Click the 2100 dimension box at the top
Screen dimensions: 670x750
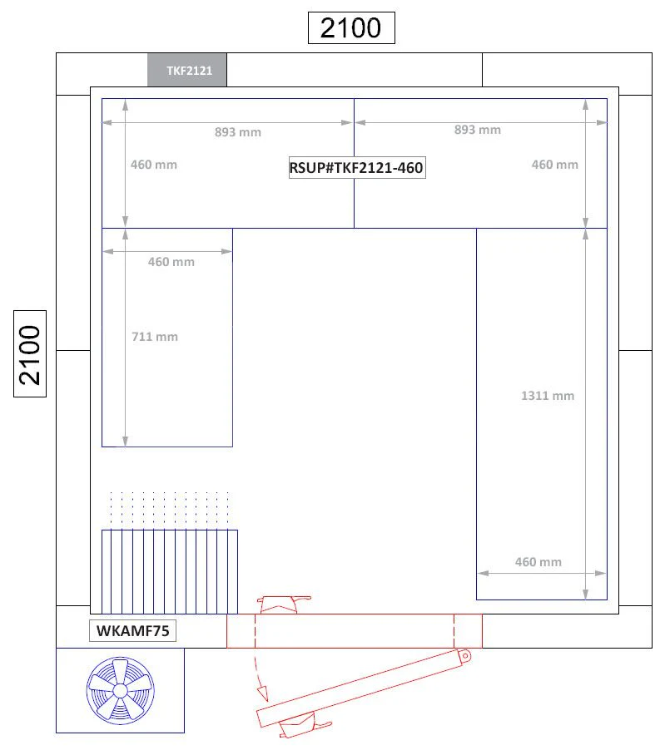tap(351, 27)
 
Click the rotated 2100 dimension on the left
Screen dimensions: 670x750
tap(30, 354)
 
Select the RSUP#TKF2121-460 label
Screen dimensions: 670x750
tap(357, 168)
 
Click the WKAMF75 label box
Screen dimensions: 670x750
tap(132, 631)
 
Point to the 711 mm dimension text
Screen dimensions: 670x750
tap(155, 337)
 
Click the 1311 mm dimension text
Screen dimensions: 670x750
tap(548, 396)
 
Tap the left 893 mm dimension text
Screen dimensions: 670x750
tap(237, 132)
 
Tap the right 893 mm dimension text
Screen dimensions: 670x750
tap(478, 130)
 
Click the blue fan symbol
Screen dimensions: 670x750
tap(120, 691)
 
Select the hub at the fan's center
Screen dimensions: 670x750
tap(120, 691)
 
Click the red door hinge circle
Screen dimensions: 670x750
tap(464, 656)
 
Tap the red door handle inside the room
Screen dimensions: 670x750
tap(282, 604)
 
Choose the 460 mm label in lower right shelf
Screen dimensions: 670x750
tap(538, 562)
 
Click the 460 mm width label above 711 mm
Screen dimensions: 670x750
tap(171, 262)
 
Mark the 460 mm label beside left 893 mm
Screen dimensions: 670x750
tap(154, 165)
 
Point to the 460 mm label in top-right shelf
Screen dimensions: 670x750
tap(554, 165)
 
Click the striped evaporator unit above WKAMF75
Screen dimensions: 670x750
tap(170, 571)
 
